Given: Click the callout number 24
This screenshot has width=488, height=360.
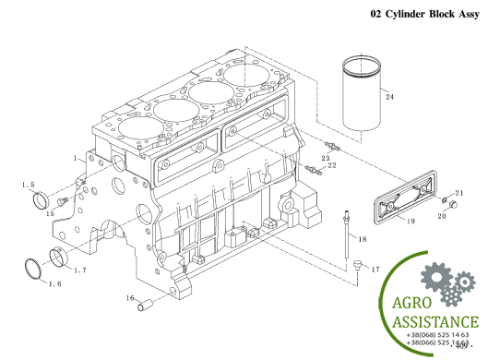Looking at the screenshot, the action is pos(389,97).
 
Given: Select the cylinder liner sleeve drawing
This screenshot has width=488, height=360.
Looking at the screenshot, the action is pos(362,93).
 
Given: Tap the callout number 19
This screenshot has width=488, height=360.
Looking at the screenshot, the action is pos(411,222).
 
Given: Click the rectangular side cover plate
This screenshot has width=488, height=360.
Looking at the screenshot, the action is pos(405,197).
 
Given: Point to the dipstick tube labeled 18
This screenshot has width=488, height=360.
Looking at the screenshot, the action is pos(346,234).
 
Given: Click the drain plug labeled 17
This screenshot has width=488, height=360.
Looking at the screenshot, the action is pos(357,265).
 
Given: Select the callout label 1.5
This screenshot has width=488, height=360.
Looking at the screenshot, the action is pos(28,185).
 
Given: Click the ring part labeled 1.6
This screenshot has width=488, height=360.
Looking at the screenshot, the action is pos(32,269).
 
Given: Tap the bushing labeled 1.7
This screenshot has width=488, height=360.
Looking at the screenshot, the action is pos(59,257).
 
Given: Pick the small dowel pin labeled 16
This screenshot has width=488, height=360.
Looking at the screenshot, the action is pos(145,306).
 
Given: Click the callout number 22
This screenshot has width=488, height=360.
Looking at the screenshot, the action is pos(332,165).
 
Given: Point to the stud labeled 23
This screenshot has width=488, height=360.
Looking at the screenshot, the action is pos(332,146).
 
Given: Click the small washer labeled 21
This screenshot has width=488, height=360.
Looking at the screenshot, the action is pos(445,199).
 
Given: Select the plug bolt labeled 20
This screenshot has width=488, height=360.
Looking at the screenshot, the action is pos(453,205).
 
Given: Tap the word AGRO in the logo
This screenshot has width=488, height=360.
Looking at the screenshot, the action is pos(411,303).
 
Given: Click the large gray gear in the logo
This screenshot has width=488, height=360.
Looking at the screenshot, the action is pos(436,277).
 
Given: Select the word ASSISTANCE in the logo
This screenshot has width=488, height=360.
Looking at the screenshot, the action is pos(435,322).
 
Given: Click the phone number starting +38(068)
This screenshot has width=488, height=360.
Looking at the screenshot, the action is pos(437,335).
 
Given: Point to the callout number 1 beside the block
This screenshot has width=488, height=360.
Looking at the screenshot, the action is pos(75,158).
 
